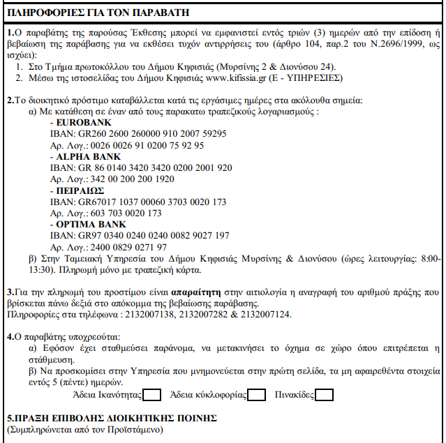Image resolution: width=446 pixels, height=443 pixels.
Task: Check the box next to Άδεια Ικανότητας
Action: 152,396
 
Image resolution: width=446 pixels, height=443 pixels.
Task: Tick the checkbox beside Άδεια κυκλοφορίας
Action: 256,396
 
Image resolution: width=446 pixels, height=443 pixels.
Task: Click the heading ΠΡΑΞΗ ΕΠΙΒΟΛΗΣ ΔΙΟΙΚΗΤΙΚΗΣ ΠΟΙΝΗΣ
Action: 112,419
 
